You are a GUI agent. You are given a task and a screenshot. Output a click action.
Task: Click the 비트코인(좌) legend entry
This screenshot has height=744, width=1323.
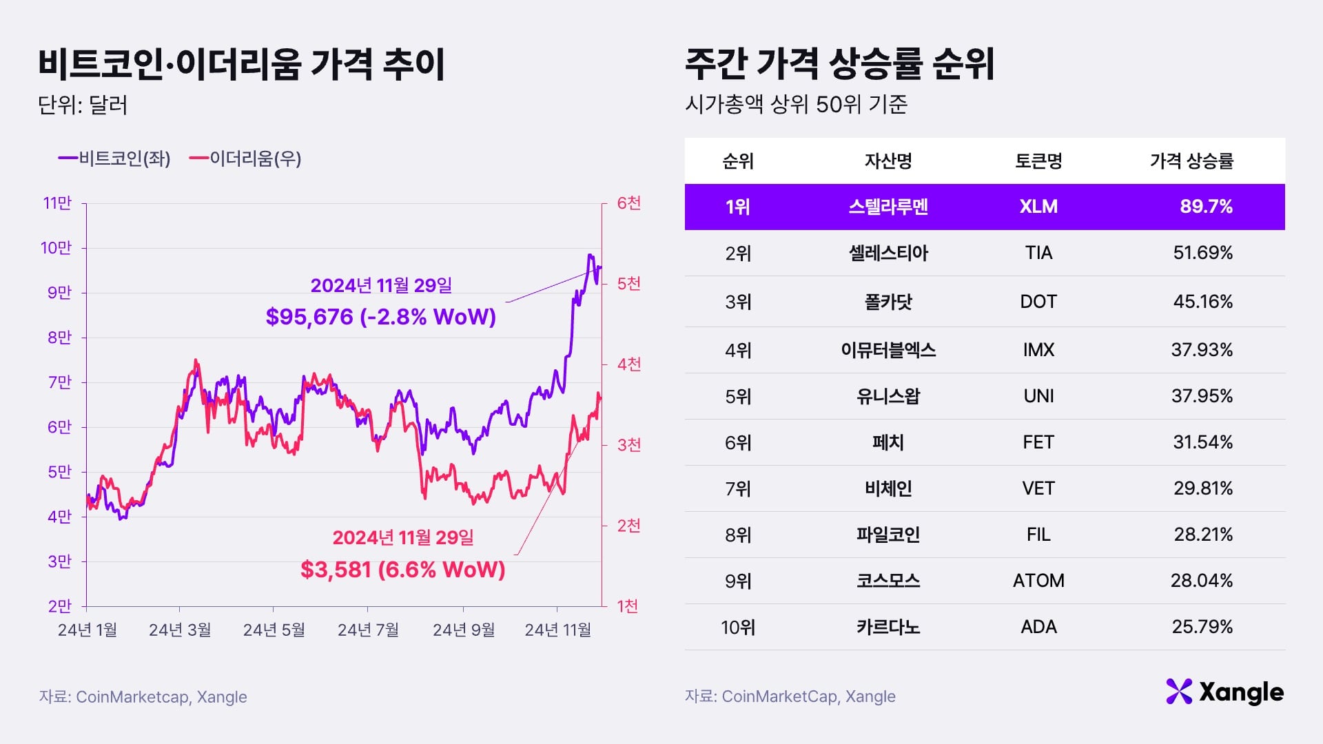coord(115,159)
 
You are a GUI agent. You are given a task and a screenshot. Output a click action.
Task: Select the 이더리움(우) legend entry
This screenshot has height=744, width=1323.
coord(246,159)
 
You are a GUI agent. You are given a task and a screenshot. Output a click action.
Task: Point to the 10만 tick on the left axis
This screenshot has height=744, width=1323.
coord(57,248)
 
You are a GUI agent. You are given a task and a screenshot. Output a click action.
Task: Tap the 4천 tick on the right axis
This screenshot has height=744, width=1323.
coord(628,364)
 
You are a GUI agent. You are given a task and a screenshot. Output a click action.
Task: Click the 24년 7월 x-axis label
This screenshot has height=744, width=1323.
coord(368,630)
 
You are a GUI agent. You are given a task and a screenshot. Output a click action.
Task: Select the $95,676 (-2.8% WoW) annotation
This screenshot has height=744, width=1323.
coord(381,317)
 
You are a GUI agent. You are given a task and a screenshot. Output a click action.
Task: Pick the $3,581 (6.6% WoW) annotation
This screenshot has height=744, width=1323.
coord(403,570)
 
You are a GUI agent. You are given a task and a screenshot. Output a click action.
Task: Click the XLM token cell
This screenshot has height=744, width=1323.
coord(1038,207)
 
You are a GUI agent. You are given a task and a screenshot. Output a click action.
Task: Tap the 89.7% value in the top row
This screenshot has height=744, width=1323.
coord(1206,207)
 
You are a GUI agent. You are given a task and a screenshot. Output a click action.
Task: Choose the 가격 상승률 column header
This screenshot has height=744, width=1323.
coord(1191,161)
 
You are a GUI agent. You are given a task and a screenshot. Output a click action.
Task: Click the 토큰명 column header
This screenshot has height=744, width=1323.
coord(1038,161)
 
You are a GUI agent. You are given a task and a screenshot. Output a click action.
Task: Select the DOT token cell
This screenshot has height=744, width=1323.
coord(1038,302)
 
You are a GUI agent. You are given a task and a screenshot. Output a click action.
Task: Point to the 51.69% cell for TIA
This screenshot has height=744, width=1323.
coord(1202,253)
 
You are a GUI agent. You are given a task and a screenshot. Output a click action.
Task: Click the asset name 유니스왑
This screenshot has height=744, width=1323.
coord(888,396)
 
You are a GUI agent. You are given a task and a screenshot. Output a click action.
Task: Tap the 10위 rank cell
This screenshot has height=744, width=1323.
coord(738,628)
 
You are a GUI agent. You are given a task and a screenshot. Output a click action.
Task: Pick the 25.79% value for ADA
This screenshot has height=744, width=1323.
coord(1202,627)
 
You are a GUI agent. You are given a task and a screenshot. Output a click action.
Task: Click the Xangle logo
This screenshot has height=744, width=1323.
coord(1225,692)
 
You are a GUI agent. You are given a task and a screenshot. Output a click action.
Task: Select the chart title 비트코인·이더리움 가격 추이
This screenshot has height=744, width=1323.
coord(242,65)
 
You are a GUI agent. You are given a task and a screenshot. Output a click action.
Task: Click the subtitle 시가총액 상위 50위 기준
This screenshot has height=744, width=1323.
coord(796,105)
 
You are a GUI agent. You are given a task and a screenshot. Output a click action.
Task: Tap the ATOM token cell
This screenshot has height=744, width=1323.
coord(1038,581)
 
